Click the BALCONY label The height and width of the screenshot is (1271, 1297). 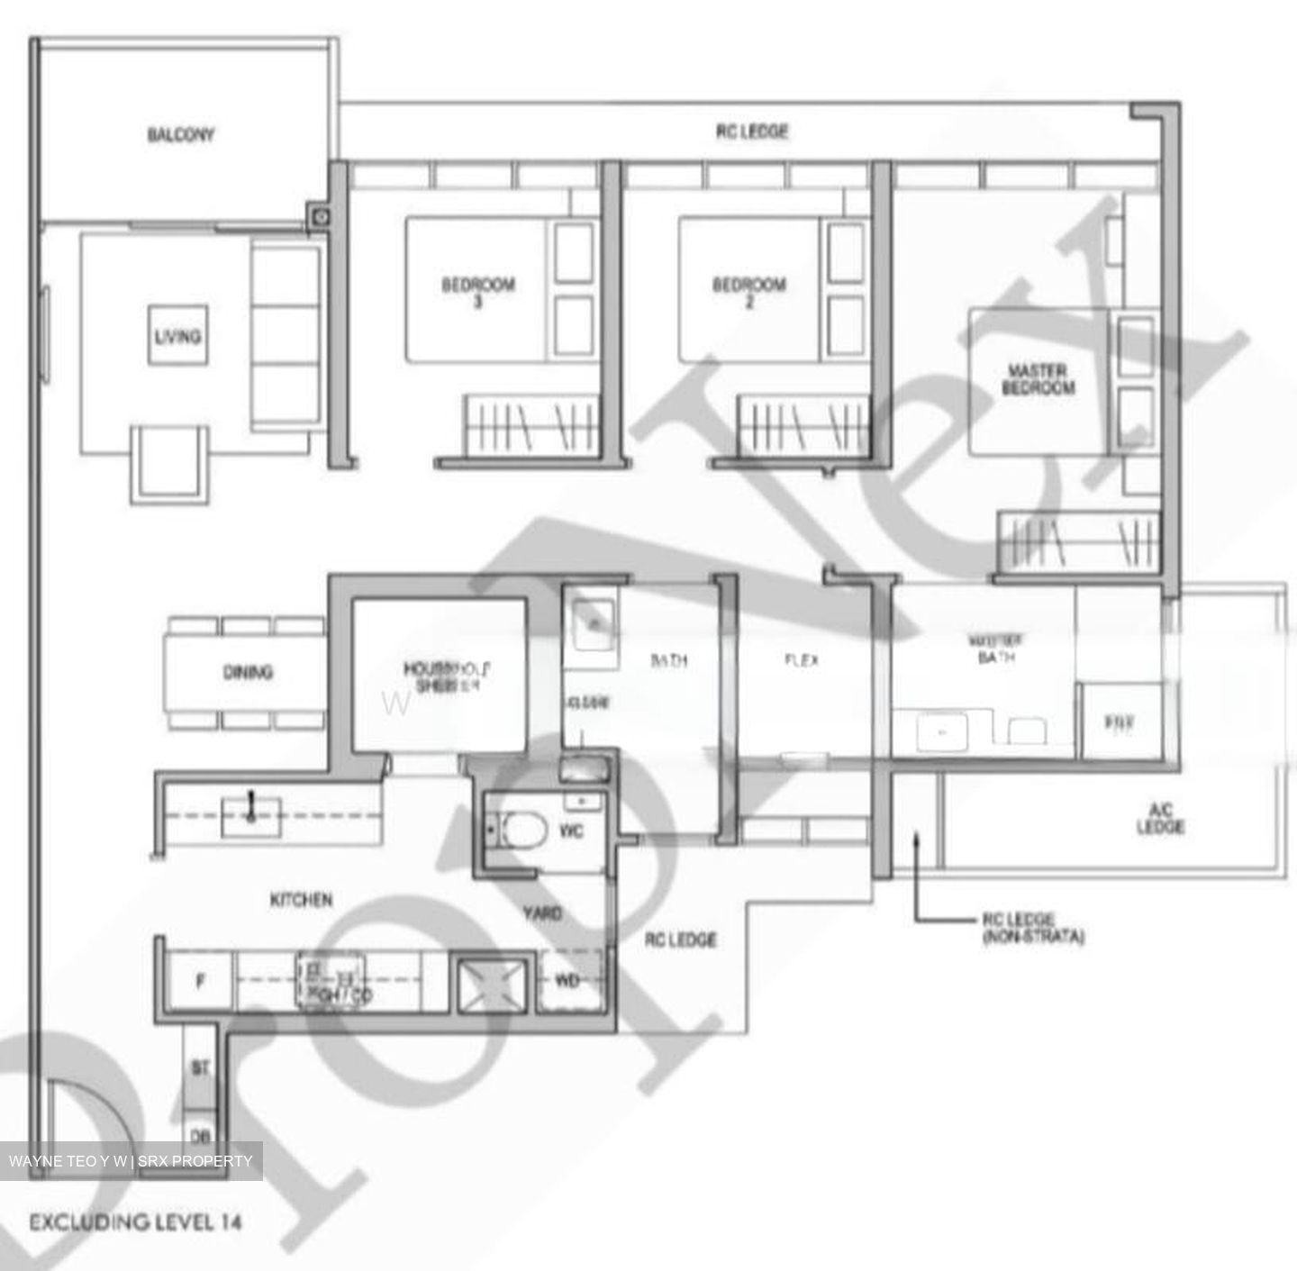[181, 135]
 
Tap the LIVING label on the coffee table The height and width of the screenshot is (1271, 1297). [177, 336]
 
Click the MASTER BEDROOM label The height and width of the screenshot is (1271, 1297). [1038, 379]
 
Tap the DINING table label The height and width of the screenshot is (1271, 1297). [247, 672]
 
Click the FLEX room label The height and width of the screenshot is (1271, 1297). [802, 660]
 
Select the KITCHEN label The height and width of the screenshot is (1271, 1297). [302, 899]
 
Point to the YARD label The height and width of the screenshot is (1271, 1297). [542, 913]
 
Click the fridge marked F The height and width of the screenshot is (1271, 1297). [200, 982]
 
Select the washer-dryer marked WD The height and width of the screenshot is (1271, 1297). [567, 981]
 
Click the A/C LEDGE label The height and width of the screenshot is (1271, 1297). [1160, 819]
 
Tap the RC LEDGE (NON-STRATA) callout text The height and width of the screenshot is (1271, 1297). [1032, 929]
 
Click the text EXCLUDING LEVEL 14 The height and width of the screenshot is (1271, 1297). [136, 1222]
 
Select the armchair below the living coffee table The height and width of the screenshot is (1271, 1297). [171, 462]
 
